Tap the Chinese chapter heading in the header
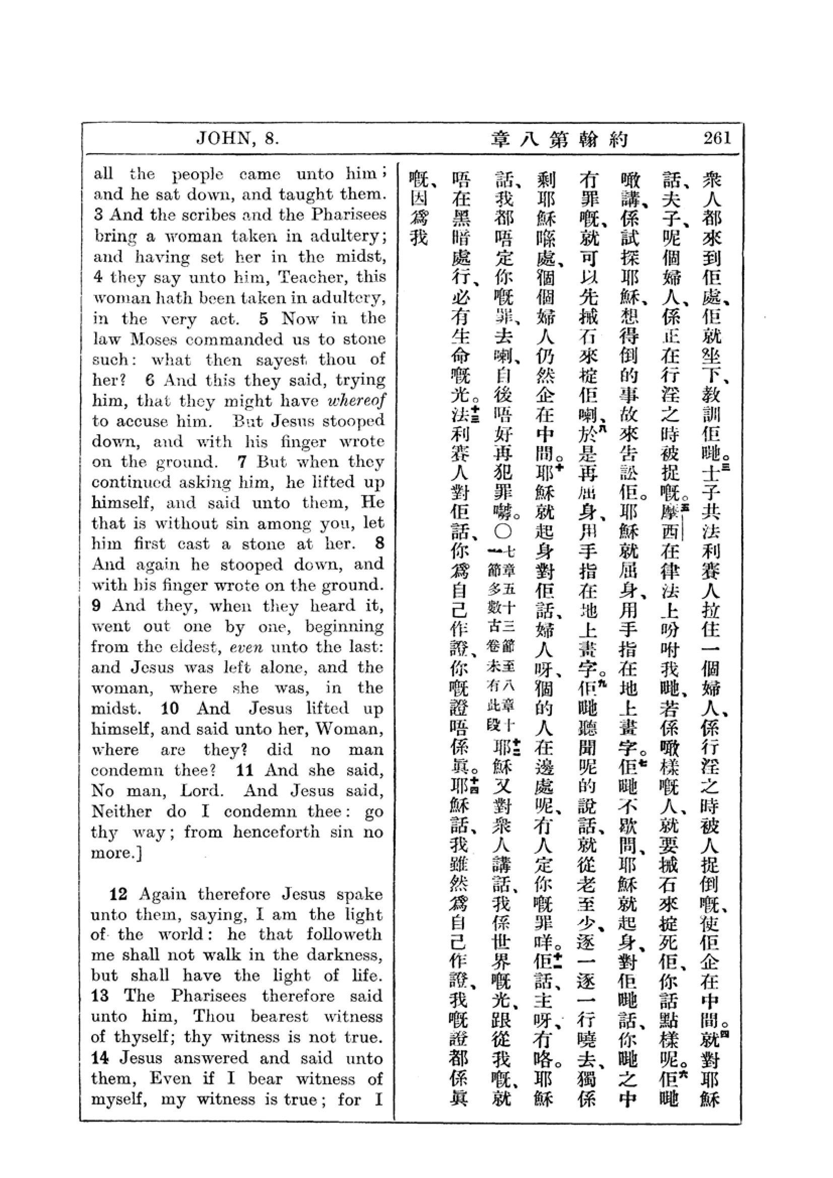[x=559, y=139]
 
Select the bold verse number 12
[x=118, y=894]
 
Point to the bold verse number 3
[x=99, y=215]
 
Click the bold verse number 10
[x=170, y=709]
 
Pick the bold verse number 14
[x=101, y=1058]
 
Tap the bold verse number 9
[x=96, y=605]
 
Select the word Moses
[x=154, y=339]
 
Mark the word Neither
[x=121, y=812]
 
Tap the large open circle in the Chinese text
[x=502, y=530]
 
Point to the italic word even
[x=246, y=648]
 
